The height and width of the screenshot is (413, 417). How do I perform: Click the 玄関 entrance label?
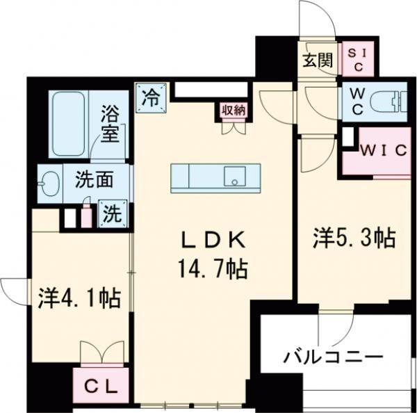[x=317, y=60]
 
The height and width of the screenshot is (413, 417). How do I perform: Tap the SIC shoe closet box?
[x=359, y=60]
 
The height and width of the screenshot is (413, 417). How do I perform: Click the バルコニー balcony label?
[x=333, y=358]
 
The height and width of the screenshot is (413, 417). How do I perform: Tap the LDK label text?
[x=213, y=239]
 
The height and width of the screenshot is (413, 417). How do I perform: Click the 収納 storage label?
[x=234, y=110]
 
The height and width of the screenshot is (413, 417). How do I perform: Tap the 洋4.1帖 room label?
[x=79, y=299]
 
